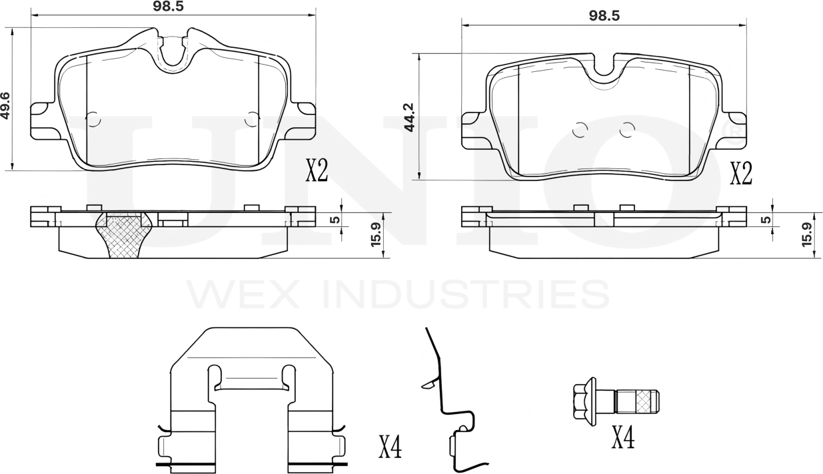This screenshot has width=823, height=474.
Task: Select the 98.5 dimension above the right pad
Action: tap(604, 16)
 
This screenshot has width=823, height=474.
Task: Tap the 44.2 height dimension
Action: tap(409, 117)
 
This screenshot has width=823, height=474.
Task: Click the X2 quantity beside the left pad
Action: tap(316, 171)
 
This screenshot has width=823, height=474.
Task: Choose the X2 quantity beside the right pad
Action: tap(740, 174)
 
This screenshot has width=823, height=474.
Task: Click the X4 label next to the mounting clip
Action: tap(390, 447)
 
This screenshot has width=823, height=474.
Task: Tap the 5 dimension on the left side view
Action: tap(335, 220)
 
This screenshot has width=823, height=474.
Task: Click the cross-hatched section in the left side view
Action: tap(124, 236)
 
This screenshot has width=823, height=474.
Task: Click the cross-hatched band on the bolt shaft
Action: tap(642, 401)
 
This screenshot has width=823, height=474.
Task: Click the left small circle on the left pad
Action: tap(92, 119)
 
